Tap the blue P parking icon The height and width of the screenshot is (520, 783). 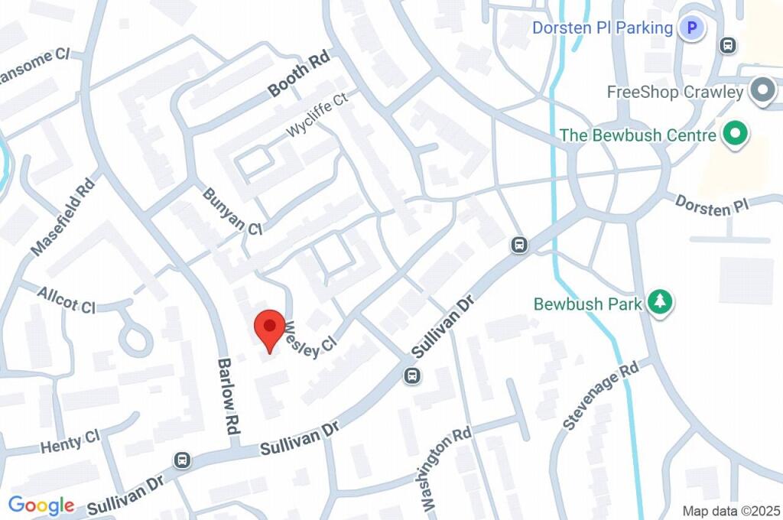692,29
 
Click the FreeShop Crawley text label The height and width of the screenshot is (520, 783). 675,93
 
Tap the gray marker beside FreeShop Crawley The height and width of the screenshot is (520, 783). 762,92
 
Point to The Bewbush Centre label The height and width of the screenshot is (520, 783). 638,135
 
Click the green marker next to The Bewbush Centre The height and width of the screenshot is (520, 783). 736,135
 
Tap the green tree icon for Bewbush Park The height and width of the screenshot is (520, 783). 658,302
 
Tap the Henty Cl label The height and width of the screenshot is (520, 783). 70,442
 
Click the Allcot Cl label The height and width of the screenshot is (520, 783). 66,301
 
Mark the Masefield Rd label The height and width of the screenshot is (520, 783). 63,218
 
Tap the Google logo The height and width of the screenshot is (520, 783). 41,505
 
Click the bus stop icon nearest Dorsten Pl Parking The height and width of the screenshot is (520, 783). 728,46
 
